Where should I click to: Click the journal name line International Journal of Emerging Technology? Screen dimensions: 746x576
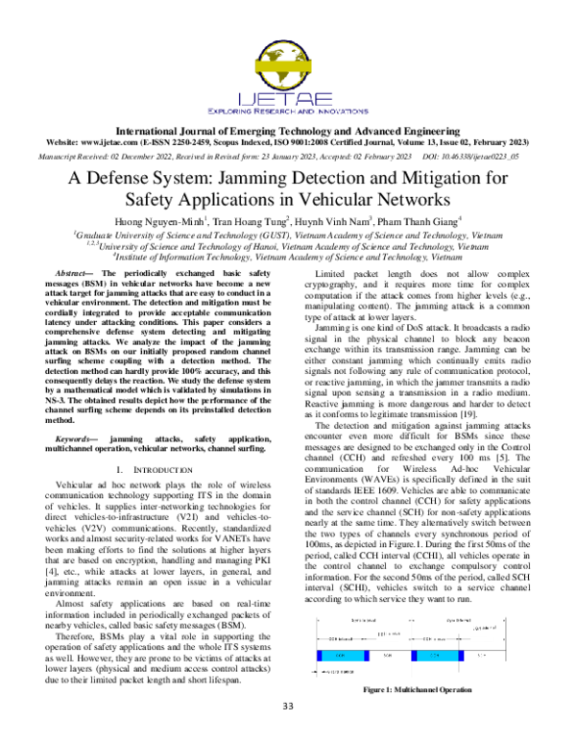click(287, 128)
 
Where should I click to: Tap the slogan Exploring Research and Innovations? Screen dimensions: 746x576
click(287, 108)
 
